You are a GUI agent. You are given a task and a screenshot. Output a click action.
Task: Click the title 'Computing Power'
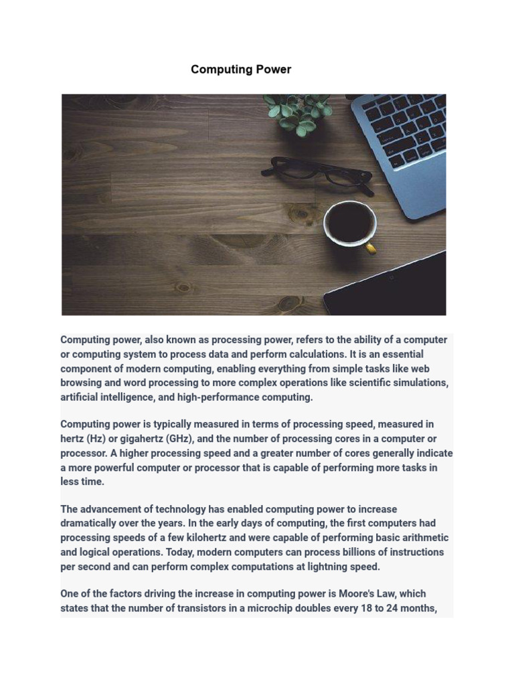coord(241,70)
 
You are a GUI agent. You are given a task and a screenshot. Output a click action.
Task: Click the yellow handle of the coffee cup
coord(370,249)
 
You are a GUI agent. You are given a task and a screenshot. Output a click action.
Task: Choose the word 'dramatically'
coord(91,523)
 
